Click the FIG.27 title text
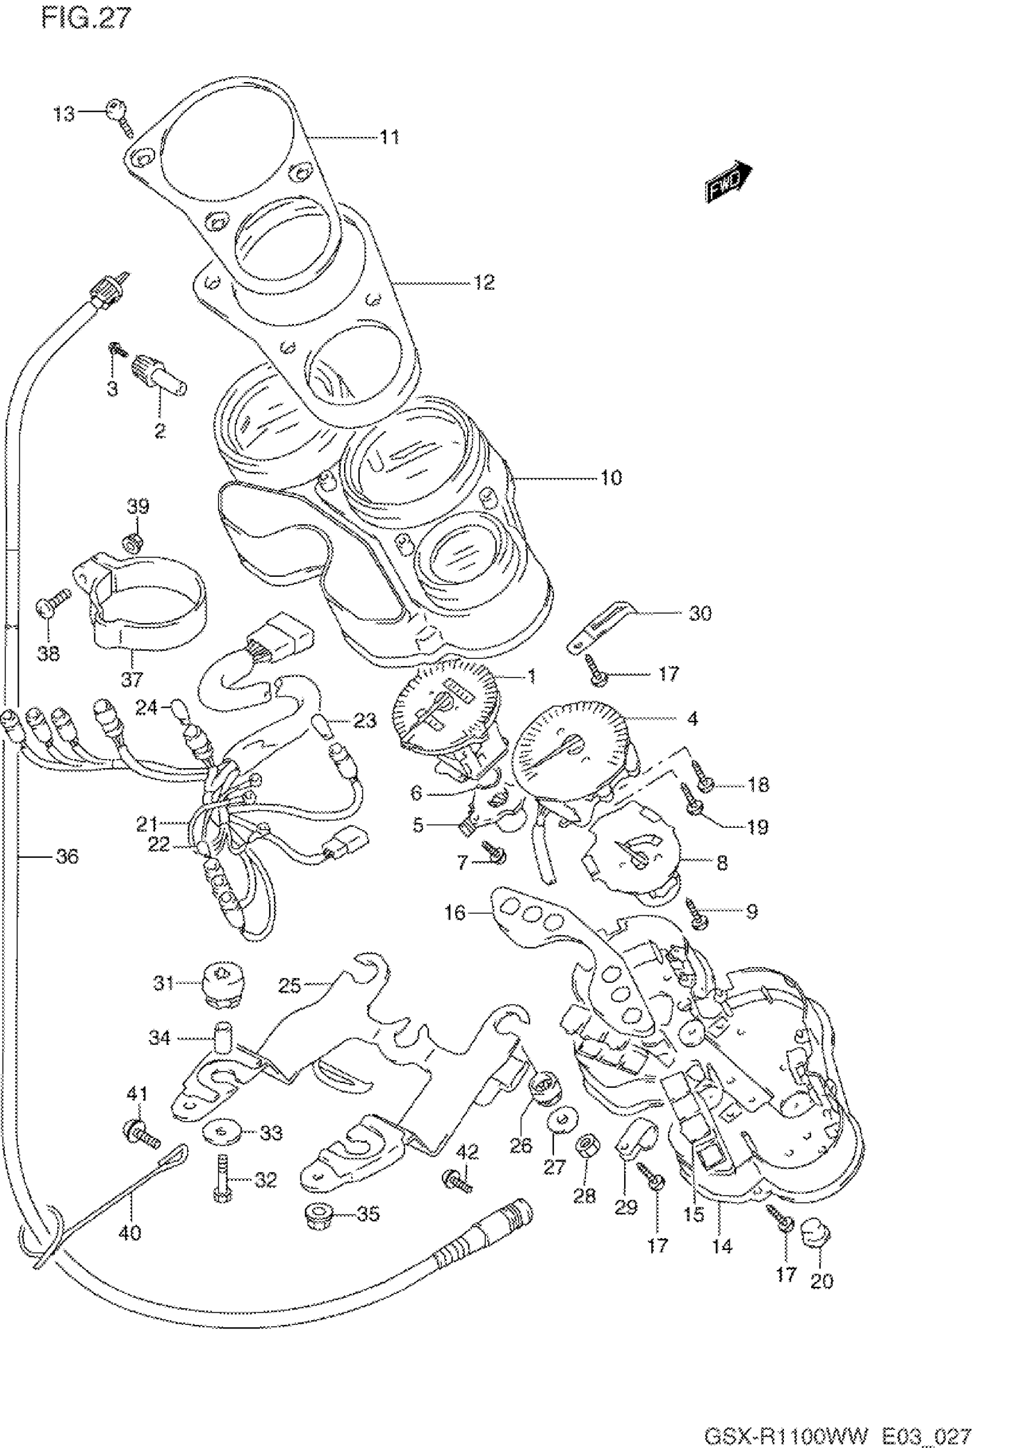click(x=86, y=19)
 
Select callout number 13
click(x=63, y=114)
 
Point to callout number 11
click(x=390, y=137)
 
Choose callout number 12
click(x=484, y=282)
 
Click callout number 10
click(x=611, y=477)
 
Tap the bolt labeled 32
click(x=221, y=1178)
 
